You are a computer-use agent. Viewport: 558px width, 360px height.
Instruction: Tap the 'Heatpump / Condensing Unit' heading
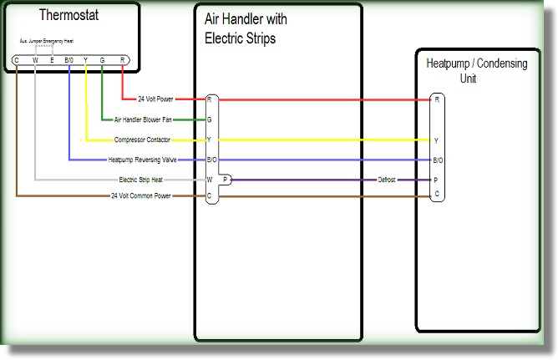(476, 70)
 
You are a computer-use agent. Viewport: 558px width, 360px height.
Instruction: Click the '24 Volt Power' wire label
(157, 99)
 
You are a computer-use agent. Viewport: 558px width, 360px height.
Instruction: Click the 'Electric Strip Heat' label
(139, 180)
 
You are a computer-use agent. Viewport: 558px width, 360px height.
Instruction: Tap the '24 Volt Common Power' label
(140, 195)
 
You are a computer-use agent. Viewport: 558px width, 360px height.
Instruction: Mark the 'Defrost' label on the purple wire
(387, 180)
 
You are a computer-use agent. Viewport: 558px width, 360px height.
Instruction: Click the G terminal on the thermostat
(102, 60)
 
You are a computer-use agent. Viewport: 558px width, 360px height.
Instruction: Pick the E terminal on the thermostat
(52, 60)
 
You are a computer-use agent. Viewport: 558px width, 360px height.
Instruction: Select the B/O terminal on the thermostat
(68, 60)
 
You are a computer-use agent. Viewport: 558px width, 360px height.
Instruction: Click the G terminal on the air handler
(209, 119)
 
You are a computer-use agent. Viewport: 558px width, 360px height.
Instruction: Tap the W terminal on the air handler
(209, 180)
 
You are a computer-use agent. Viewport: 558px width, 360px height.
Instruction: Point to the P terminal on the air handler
(226, 180)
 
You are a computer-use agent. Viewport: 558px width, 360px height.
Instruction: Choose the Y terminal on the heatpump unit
(436, 140)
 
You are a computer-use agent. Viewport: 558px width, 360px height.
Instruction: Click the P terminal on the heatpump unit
(436, 180)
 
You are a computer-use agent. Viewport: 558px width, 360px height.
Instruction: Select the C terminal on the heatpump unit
(436, 194)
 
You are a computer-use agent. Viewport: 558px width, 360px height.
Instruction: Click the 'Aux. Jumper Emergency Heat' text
(52, 40)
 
